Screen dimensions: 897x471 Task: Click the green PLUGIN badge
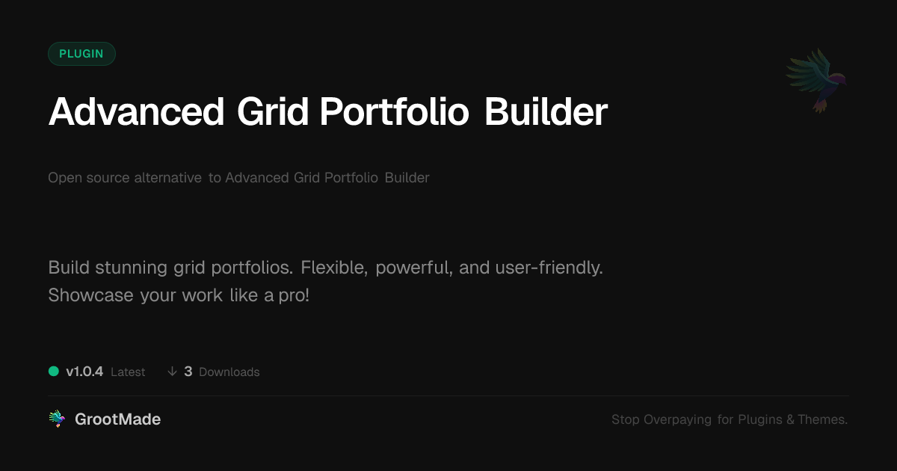[x=81, y=54]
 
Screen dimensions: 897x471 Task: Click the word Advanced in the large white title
[x=136, y=111]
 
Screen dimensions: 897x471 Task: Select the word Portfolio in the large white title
[x=394, y=111]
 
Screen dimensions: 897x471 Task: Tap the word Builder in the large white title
[x=546, y=111]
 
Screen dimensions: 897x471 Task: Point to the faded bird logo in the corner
[x=817, y=81]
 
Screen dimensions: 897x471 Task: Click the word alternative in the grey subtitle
[x=167, y=177]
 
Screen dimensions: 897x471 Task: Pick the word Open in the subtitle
[x=64, y=178]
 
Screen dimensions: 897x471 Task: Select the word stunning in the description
[x=131, y=268]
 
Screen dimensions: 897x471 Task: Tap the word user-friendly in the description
[x=549, y=268]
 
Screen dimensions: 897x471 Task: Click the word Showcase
[x=91, y=295]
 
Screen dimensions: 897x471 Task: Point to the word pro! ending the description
[x=294, y=296]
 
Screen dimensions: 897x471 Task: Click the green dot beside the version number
[x=54, y=372]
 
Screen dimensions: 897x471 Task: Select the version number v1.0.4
[x=84, y=372]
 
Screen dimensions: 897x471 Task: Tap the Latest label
[x=128, y=372]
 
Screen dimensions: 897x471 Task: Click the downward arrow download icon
[x=172, y=372]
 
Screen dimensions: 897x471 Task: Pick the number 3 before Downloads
[x=188, y=372]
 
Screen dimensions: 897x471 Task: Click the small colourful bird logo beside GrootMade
[x=57, y=419]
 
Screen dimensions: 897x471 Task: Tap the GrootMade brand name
[x=118, y=419]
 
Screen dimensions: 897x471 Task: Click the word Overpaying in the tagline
[x=677, y=419]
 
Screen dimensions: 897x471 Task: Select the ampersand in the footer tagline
[x=790, y=419]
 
